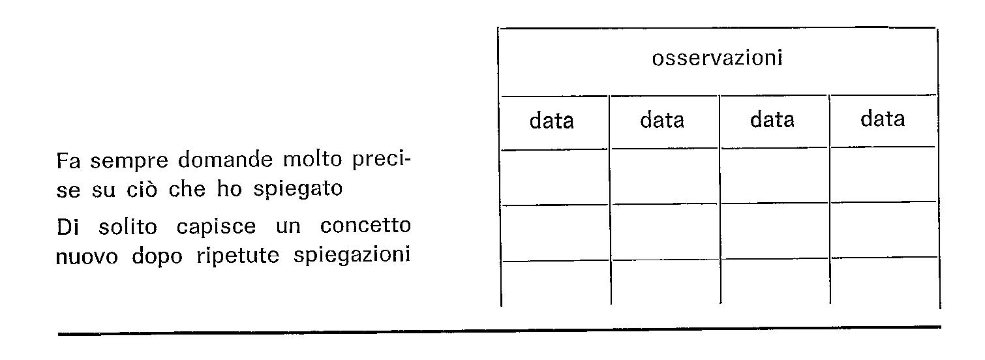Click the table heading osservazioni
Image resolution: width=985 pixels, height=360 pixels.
click(717, 59)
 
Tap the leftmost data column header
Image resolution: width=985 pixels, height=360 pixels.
click(551, 120)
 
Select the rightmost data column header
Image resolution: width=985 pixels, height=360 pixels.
click(883, 118)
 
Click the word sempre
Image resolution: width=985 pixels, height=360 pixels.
click(129, 161)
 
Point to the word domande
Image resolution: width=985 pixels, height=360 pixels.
click(225, 159)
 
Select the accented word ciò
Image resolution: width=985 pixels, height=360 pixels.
click(142, 189)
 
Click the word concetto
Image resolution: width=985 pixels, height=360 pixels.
click(365, 226)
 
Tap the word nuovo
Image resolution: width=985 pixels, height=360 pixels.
click(87, 257)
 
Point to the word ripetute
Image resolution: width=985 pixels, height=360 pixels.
click(237, 256)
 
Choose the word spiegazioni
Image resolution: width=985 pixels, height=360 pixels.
click(352, 256)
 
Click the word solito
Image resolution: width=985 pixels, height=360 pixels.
click(127, 227)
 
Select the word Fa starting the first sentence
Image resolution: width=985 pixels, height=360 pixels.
click(68, 161)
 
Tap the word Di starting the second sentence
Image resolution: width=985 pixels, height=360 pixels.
click(68, 227)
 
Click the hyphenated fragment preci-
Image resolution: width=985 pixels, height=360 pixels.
click(381, 160)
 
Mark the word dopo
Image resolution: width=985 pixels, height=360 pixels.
click(157, 257)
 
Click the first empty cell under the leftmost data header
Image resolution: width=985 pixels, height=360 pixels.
click(554, 177)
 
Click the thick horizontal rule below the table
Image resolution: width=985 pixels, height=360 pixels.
click(500, 331)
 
